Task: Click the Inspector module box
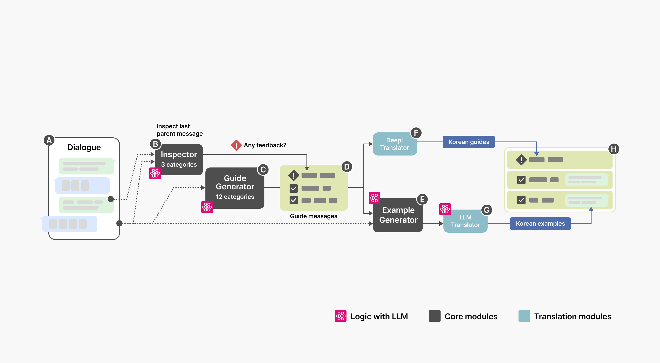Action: pos(179,159)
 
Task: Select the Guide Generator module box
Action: pos(235,188)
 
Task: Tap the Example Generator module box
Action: pos(398,215)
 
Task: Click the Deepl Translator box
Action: pos(395,144)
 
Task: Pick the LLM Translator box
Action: pos(465,221)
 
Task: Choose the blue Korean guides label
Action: pos(469,142)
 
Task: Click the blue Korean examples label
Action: pos(540,224)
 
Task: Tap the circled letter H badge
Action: pos(614,149)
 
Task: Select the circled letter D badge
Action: pos(347,167)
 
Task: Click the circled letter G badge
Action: pos(487,210)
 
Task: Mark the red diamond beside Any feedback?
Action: pos(236,145)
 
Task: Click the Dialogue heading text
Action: pos(84,147)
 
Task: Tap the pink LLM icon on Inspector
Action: pos(155,173)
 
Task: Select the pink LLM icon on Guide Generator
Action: pos(207,207)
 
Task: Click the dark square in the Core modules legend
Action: pos(435,316)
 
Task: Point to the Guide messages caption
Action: pos(313,216)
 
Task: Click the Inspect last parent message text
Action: pos(179,130)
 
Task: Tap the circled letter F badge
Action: pos(416,133)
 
